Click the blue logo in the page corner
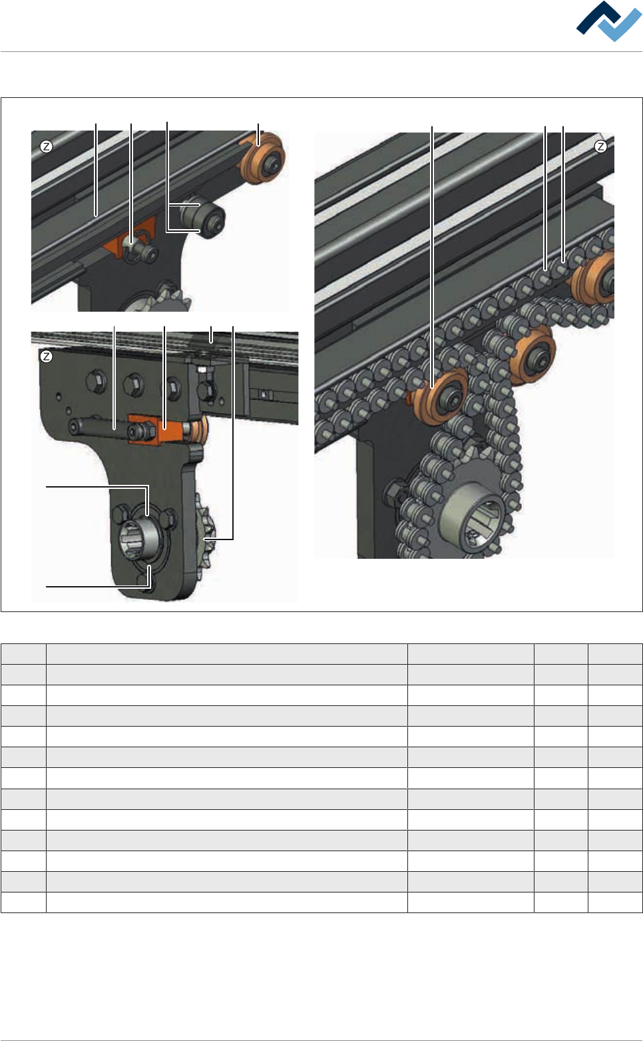[608, 21]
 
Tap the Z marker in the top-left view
[46, 147]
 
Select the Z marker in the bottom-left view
[46, 356]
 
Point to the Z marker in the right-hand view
[600, 147]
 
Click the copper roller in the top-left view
[263, 158]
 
